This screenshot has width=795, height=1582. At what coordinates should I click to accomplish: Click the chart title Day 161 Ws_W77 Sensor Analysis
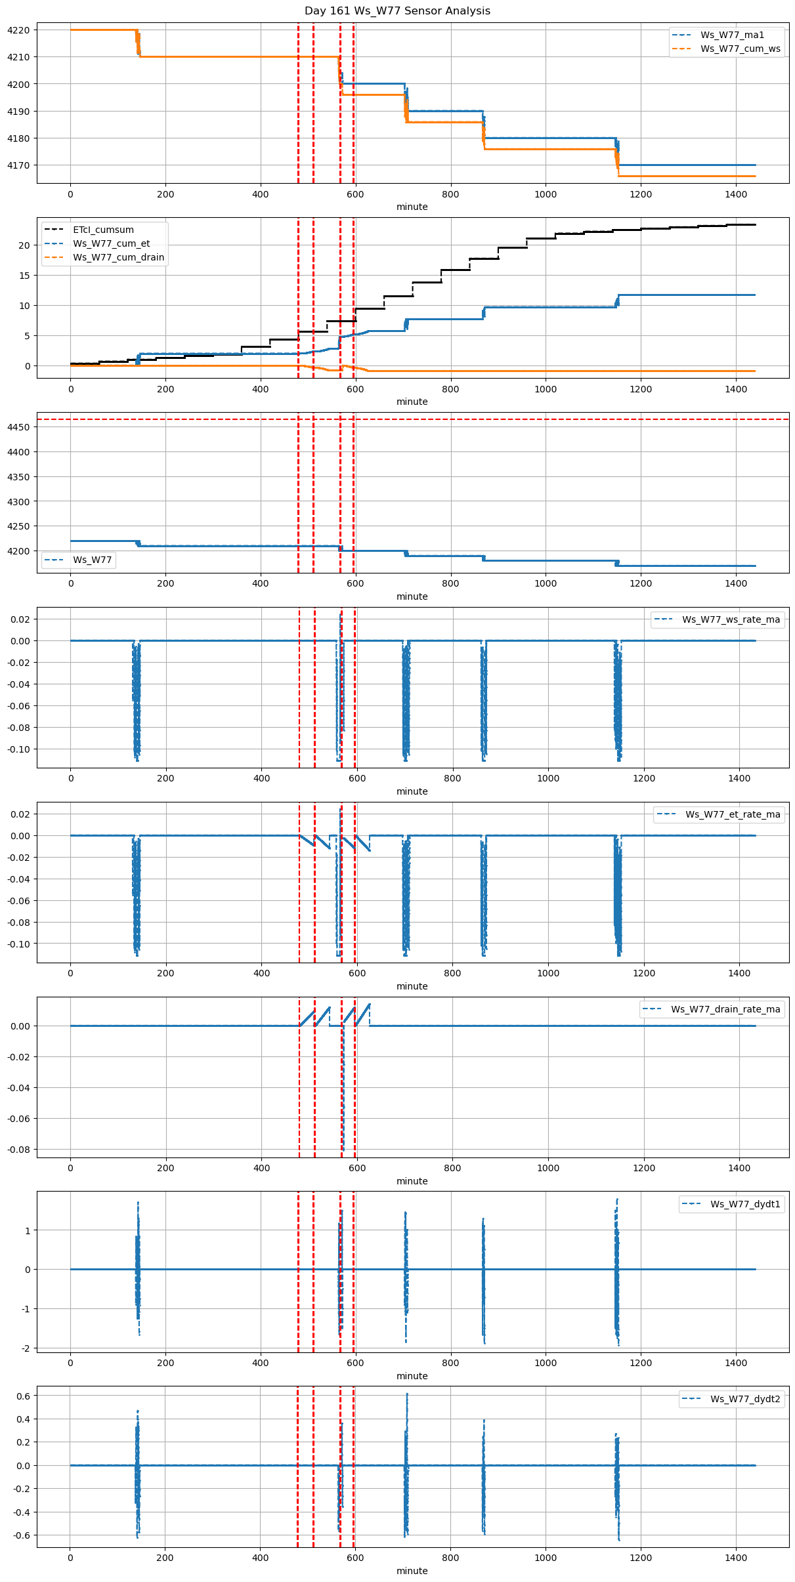click(x=397, y=11)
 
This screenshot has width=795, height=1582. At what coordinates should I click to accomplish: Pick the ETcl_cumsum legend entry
click(x=103, y=230)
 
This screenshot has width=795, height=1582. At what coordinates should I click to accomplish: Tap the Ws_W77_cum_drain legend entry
click(x=118, y=258)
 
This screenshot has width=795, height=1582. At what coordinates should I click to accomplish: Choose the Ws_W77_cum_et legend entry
click(x=111, y=244)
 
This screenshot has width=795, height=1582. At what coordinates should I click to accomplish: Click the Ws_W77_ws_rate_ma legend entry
click(x=731, y=620)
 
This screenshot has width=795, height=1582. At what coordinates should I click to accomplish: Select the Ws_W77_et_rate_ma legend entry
click(x=733, y=815)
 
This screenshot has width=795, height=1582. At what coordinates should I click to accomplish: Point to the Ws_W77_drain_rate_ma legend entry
click(x=725, y=1010)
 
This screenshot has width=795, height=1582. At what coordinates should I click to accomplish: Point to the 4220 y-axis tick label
click(x=18, y=30)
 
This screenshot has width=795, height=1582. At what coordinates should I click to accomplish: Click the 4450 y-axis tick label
click(x=18, y=428)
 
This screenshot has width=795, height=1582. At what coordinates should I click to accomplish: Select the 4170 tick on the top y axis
click(x=18, y=165)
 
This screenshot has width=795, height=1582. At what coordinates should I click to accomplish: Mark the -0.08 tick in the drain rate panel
click(x=18, y=1150)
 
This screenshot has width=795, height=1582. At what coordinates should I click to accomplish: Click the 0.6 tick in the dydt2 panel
click(x=23, y=1396)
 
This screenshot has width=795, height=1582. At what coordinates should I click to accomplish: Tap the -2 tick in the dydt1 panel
click(x=26, y=1348)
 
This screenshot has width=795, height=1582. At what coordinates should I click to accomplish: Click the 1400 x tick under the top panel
click(x=736, y=194)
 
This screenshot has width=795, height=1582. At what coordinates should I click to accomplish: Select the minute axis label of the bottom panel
click(x=412, y=1571)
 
